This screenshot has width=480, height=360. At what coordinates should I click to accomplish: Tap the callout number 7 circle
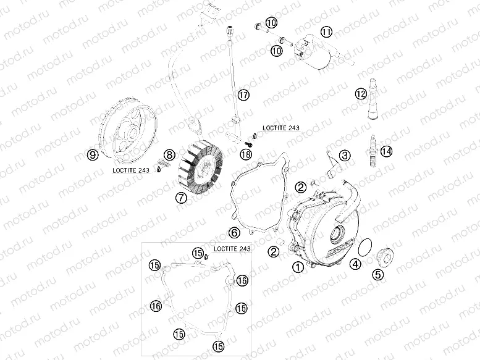[181, 198]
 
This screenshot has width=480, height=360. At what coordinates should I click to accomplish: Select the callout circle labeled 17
[243, 94]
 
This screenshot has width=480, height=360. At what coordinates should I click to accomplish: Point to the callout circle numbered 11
[326, 31]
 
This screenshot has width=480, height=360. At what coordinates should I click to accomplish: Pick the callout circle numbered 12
[361, 94]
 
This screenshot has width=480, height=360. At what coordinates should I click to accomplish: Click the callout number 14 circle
[386, 151]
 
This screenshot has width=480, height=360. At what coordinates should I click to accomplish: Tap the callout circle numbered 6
[234, 233]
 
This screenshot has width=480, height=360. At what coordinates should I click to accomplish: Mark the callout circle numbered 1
[298, 267]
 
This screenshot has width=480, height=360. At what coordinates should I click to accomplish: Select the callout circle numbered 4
[355, 265]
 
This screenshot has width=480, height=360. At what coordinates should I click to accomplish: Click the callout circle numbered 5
[376, 275]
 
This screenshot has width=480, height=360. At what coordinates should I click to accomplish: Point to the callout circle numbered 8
[168, 154]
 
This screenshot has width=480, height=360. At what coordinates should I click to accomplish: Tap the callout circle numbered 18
[246, 154]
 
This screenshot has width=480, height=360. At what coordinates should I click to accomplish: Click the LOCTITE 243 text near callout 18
[281, 128]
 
